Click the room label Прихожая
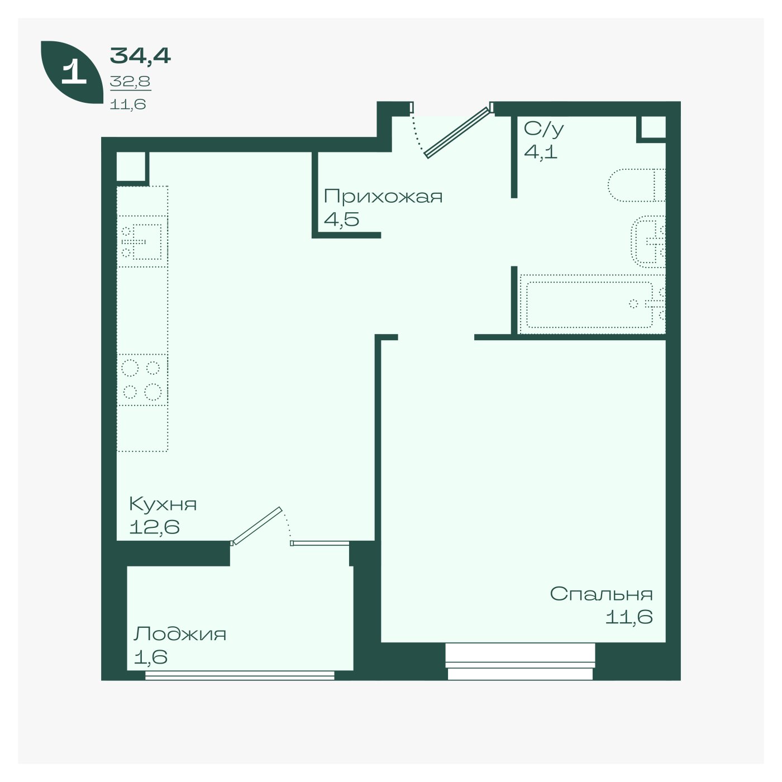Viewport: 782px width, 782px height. coord(383,197)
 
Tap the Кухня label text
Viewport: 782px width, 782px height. coord(163,504)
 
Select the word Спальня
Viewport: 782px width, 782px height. coord(602,594)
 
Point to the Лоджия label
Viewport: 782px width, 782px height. coord(180,634)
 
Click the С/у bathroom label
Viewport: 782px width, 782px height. coord(544,130)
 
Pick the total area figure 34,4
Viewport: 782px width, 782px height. coord(140,56)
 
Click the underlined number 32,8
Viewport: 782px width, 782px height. coord(130,82)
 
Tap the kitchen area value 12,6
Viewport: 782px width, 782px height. coord(154,527)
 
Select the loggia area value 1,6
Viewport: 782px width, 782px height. coord(150,657)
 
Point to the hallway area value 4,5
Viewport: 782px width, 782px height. coord(342,220)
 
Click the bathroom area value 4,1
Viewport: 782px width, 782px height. coord(540,152)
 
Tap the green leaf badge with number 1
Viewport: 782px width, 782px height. coord(72,72)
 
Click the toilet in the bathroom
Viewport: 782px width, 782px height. coord(636,185)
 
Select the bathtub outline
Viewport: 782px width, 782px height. coord(593,304)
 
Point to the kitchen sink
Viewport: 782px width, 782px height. coord(142,241)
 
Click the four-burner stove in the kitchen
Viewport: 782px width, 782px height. coord(142,379)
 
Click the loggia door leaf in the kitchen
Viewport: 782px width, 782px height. coord(256,526)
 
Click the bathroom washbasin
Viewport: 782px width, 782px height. coord(649,241)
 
